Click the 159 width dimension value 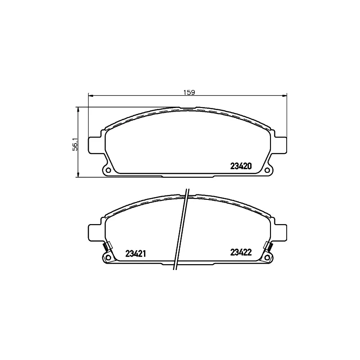coord(189,93)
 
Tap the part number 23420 coord(241,166)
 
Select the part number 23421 coord(135,254)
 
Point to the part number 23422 coord(241,252)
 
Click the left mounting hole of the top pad coord(108,170)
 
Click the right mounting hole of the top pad coord(267,170)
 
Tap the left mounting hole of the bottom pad coord(108,257)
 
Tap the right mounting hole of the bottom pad coord(267,257)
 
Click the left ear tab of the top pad coord(94,145)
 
